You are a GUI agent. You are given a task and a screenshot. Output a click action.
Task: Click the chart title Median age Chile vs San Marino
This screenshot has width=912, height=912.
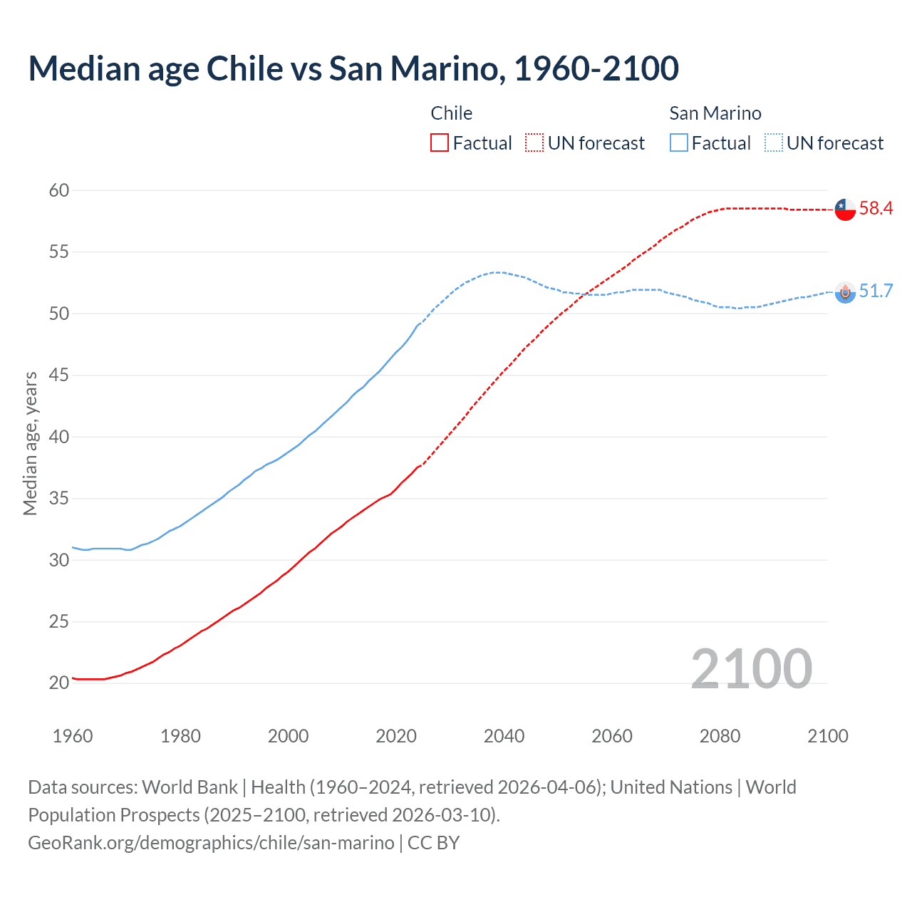coord(353,68)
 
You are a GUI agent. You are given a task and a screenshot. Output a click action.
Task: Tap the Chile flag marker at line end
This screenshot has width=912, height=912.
coord(845,209)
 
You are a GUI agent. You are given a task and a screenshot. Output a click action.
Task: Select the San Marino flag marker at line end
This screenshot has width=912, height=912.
coord(845,292)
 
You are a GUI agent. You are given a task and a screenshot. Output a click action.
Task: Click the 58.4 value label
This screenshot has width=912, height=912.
coord(876,208)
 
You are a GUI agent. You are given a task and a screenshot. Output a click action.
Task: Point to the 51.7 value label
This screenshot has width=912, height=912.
coord(876,291)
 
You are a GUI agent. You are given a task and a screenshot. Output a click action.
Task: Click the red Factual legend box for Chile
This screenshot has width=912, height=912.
coord(440,143)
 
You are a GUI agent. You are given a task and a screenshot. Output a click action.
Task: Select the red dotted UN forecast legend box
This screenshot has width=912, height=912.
coord(534,143)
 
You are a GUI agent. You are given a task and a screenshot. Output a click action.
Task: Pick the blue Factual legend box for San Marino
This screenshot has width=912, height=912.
coord(679,143)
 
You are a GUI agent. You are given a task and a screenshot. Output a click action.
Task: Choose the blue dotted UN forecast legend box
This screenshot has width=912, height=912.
coord(774,143)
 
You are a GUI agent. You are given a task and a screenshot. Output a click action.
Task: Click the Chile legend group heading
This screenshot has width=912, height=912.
coord(452,113)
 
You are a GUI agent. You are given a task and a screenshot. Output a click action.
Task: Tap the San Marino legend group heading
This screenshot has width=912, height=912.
coord(715,113)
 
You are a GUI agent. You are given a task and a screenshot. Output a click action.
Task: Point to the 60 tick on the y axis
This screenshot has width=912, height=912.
coord(59,190)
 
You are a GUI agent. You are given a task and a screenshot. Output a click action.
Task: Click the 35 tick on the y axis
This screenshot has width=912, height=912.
coord(59,498)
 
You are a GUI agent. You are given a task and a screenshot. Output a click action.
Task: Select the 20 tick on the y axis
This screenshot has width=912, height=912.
coord(59,683)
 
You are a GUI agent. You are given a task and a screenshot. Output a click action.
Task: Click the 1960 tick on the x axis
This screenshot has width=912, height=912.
coord(73,736)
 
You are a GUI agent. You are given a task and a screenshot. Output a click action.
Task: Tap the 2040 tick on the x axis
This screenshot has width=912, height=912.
coord(504,736)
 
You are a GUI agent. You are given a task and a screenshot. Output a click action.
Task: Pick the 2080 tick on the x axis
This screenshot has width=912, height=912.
coord(720,736)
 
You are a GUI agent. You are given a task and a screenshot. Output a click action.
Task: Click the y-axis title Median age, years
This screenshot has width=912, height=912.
coord(30,443)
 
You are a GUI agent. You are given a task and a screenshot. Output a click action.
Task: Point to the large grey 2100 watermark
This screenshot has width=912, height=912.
coord(751,668)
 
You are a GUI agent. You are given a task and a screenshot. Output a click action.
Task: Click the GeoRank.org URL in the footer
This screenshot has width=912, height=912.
coord(211,843)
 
